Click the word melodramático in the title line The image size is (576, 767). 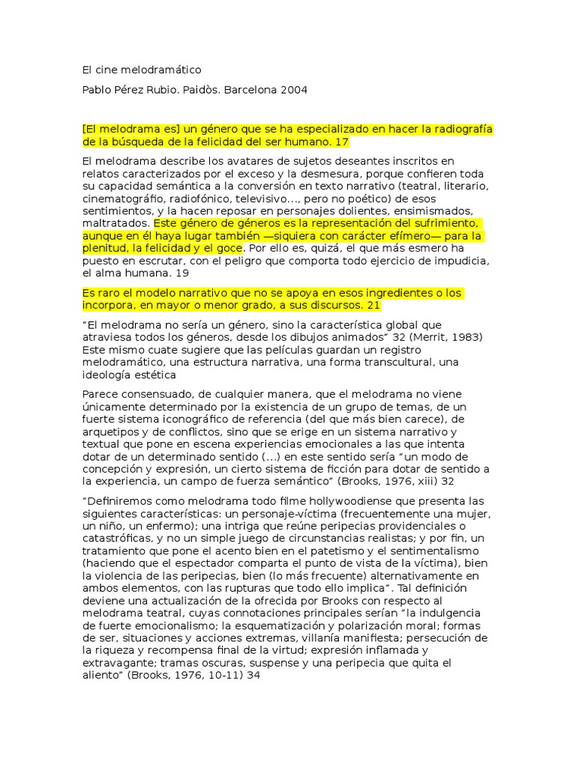[x=164, y=70]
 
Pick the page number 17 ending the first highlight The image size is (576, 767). [x=343, y=142]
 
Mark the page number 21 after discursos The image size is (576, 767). [x=375, y=306]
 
